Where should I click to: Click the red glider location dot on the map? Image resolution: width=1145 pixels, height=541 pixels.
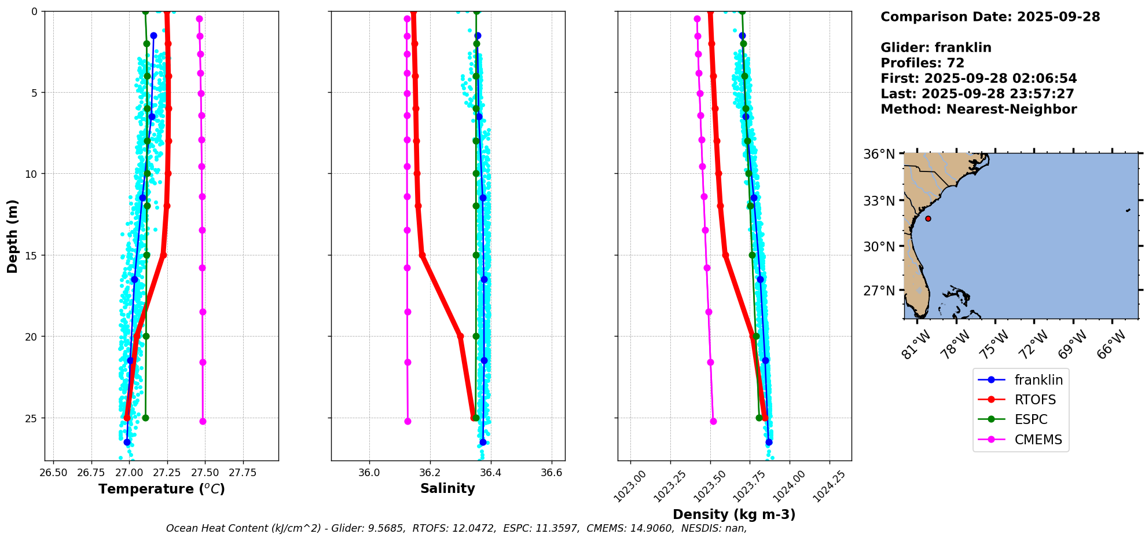point(928,218)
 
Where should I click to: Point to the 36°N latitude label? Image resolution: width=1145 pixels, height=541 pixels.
point(879,154)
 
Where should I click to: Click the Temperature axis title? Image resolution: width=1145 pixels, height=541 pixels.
point(162,489)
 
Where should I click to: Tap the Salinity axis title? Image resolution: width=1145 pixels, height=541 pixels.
point(447,488)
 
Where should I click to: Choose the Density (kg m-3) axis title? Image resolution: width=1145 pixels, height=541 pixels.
point(734,514)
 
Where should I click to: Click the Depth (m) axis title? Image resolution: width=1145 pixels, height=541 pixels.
point(13,236)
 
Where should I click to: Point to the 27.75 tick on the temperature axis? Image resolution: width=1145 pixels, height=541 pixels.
point(243,473)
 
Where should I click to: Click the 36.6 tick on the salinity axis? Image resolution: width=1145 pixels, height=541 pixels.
point(551,473)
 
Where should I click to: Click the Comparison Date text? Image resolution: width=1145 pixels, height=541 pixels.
point(990,17)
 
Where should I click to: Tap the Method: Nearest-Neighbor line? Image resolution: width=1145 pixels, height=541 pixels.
point(978,109)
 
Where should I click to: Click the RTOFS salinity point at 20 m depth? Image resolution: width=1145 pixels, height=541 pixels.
point(460,336)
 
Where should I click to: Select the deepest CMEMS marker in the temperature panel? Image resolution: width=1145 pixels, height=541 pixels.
point(203,421)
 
